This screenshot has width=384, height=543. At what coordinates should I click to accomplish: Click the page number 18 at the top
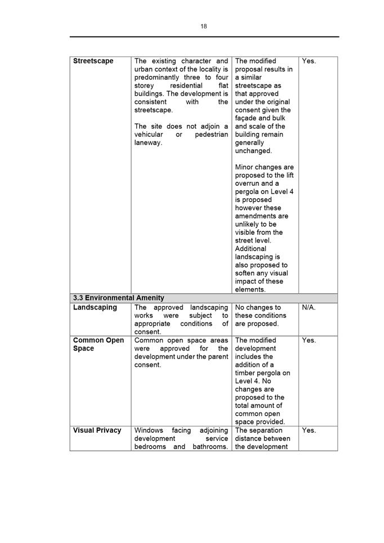(x=203, y=26)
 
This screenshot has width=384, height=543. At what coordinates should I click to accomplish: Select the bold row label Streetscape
(x=93, y=61)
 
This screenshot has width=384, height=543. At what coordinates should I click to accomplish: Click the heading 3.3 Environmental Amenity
(x=118, y=298)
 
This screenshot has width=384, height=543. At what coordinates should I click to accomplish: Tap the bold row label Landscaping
(x=95, y=307)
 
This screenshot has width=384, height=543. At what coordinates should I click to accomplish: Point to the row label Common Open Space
(x=98, y=344)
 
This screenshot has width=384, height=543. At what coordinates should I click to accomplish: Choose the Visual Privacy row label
(x=97, y=430)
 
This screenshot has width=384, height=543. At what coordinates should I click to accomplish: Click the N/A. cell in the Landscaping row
(x=309, y=307)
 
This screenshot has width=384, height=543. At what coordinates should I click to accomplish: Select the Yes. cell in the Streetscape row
(x=309, y=61)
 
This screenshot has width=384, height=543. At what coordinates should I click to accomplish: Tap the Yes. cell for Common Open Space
(x=309, y=340)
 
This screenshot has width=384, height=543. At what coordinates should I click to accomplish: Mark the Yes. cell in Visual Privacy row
(x=309, y=430)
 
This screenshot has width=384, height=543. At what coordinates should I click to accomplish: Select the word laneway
(x=148, y=142)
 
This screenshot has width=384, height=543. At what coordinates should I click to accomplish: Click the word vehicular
(x=149, y=134)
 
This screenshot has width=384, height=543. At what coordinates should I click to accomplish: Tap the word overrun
(x=248, y=183)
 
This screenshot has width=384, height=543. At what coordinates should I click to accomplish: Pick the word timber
(x=245, y=373)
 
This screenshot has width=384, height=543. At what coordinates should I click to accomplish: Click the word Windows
(x=148, y=430)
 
